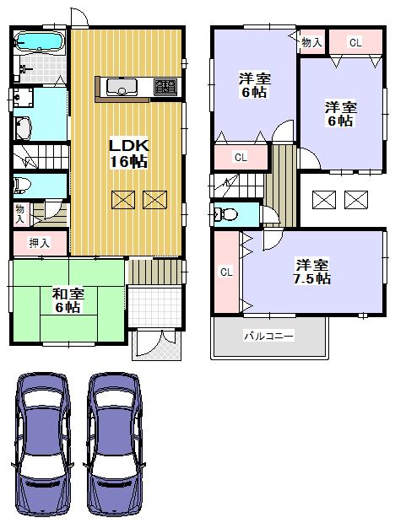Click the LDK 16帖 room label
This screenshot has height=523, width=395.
[129, 154]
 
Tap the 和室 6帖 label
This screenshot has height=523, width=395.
[68, 300]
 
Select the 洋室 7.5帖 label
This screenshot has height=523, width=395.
[312, 271]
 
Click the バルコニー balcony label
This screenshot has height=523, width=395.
[269, 335]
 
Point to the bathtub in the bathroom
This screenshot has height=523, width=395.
[40, 41]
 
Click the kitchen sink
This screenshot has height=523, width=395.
[122, 87]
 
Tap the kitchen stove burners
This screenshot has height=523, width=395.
[165, 87]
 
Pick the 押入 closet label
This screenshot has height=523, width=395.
[40, 243]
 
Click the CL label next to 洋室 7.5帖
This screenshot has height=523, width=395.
[226, 272]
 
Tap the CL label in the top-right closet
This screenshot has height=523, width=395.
[355, 42]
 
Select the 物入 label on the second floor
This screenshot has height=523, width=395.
[311, 42]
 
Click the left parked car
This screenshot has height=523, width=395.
[43, 445]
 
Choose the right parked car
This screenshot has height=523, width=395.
[115, 445]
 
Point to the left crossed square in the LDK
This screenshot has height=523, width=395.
[123, 200]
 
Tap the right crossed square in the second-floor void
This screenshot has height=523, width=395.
[356, 200]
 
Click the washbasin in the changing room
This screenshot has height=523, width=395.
[23, 97]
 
